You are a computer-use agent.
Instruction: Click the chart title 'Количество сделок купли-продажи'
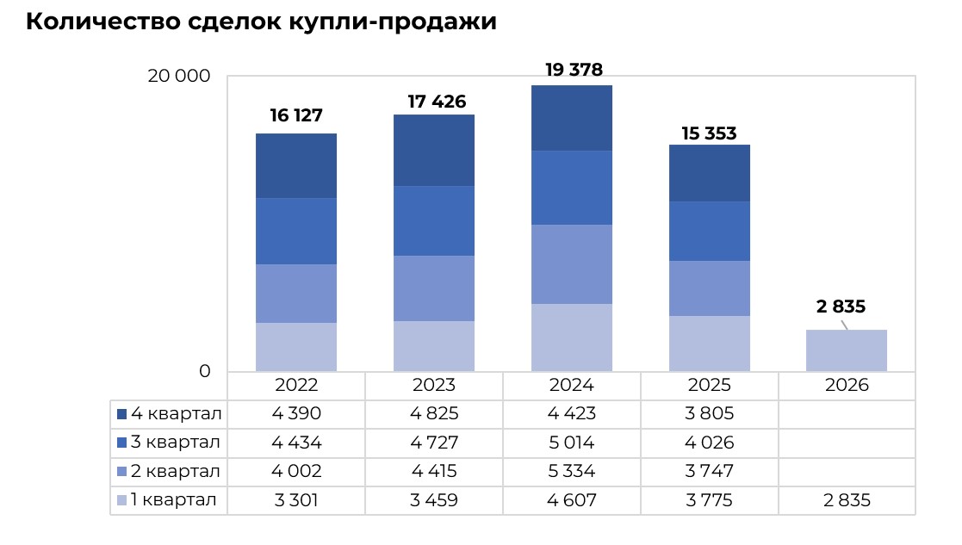[x=261, y=22]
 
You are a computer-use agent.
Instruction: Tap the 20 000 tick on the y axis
[x=178, y=76]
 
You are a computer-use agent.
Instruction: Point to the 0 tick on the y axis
[x=205, y=371]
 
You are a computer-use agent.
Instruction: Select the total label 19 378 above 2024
[x=574, y=70]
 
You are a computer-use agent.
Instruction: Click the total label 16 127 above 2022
[x=295, y=116]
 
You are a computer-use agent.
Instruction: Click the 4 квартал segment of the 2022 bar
[x=295, y=165]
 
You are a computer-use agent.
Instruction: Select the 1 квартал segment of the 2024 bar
[x=571, y=338]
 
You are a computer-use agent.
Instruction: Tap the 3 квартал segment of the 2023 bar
[x=433, y=220]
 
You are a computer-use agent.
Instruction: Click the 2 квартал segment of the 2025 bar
[x=709, y=288]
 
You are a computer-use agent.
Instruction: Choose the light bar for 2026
[x=846, y=350]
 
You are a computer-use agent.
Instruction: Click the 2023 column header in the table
[x=433, y=385]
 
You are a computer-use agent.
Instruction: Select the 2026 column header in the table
[x=847, y=385]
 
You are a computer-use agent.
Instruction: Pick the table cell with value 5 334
[x=571, y=472]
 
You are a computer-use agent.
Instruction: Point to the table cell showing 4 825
[x=433, y=414]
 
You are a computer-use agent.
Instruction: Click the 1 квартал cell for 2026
[x=847, y=500]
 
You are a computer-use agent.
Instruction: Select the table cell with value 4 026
[x=709, y=443]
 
